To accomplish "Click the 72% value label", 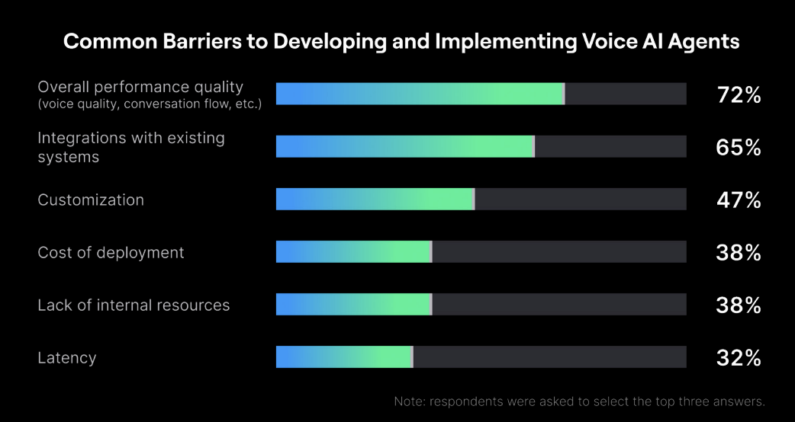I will click(x=738, y=95).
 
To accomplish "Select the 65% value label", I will click(x=738, y=148).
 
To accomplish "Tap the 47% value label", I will click(x=738, y=200).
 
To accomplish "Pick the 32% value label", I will click(x=738, y=358).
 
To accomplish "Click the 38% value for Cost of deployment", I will click(x=738, y=253).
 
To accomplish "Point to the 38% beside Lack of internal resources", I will click(x=738, y=305).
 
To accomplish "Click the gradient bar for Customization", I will click(x=375, y=200).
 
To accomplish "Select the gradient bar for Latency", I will click(x=344, y=357).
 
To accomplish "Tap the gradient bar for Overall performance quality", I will click(x=420, y=94).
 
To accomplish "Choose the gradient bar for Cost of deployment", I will click(x=353, y=252).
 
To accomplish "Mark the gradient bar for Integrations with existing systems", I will click(x=404, y=147).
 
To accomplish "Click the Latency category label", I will click(x=67, y=357).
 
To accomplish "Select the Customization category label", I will click(x=91, y=200).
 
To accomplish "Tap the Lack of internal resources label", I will click(x=134, y=305).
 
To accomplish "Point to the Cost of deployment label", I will click(x=111, y=252).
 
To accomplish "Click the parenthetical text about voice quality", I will click(x=150, y=104).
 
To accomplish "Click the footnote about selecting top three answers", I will click(x=579, y=401).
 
